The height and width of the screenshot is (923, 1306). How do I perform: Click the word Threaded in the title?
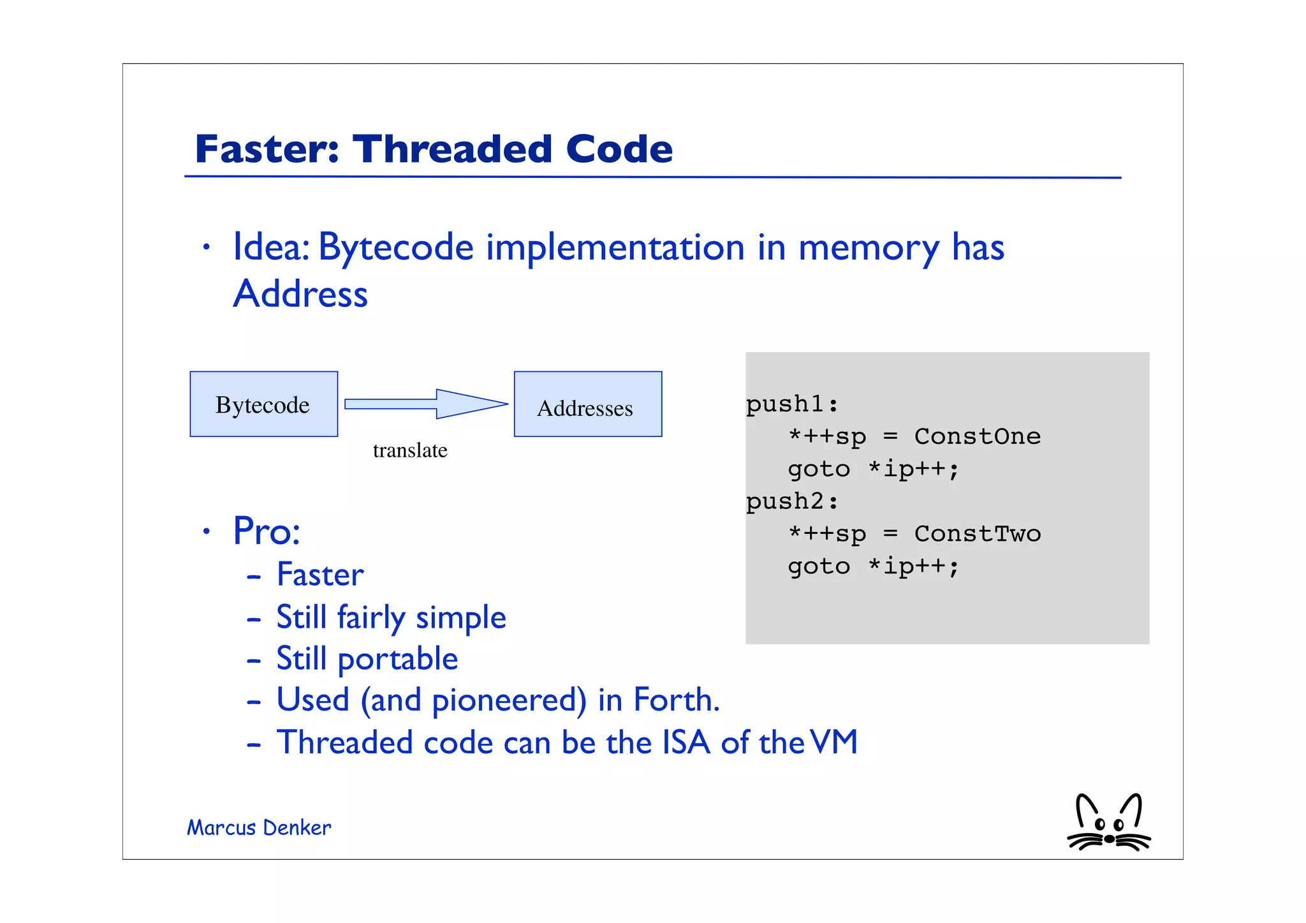click(453, 149)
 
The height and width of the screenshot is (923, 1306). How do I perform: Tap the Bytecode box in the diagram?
click(263, 404)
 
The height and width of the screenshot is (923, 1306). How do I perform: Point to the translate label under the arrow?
click(409, 450)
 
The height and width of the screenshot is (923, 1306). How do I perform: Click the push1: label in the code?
click(791, 404)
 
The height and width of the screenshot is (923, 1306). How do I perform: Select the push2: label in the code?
click(791, 501)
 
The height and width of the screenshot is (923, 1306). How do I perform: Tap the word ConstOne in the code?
click(977, 436)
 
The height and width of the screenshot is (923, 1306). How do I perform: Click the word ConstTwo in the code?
click(977, 534)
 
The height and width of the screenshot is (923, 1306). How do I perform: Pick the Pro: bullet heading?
click(267, 531)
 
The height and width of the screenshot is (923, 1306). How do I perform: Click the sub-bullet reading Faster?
click(320, 575)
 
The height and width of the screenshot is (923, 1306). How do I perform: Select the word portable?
click(397, 660)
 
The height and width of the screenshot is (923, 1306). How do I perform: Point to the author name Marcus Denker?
click(259, 827)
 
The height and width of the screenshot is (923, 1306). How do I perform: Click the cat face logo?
click(1108, 823)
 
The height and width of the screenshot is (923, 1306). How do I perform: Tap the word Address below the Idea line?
click(300, 294)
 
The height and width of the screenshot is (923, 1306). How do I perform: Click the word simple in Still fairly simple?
click(460, 617)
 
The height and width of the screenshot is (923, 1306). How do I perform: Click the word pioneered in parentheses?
click(509, 700)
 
